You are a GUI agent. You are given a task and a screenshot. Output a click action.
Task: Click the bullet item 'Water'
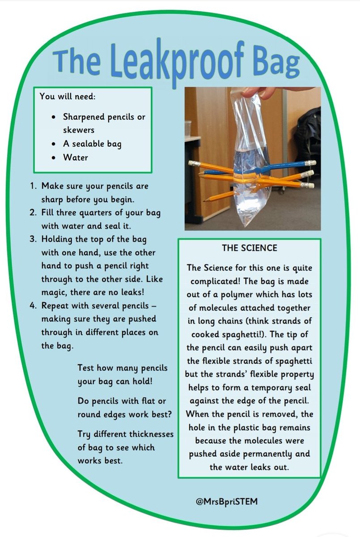[x=76, y=158]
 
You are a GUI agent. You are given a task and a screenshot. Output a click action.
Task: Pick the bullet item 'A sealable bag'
[x=92, y=144]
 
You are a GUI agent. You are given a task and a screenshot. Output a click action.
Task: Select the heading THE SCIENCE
[x=250, y=248]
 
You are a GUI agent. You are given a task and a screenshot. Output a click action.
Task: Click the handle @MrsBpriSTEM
[x=227, y=501]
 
